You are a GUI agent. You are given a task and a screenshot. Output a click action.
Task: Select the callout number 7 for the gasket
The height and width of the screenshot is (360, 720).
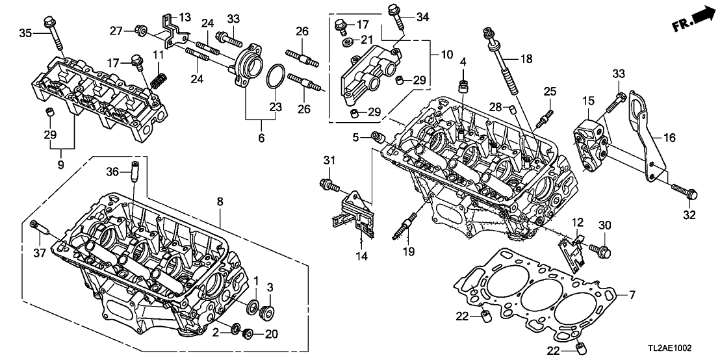[x=631, y=296]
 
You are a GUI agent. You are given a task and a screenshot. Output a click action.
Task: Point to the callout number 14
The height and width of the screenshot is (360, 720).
[x=361, y=256]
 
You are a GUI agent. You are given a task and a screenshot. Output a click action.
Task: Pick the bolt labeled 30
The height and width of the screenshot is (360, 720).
[x=598, y=247]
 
